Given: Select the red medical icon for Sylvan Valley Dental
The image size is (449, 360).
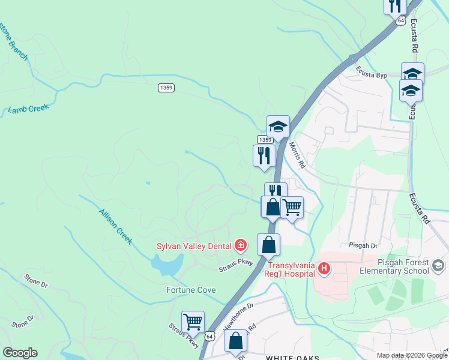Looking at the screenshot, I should click(x=241, y=245).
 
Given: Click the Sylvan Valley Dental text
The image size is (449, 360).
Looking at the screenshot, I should click(x=194, y=245).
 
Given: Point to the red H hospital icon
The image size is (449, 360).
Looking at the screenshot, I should click(x=324, y=268).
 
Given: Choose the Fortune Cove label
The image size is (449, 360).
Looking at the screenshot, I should click(x=191, y=290).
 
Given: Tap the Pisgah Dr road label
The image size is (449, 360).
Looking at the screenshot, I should click(x=364, y=246).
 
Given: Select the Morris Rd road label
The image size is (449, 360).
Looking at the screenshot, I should click(x=297, y=155).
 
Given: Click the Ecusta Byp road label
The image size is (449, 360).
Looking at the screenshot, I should click(x=373, y=75).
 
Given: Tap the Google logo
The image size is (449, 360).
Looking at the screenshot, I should click(x=20, y=353).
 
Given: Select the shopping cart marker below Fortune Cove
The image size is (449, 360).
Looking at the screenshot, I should click(x=193, y=322).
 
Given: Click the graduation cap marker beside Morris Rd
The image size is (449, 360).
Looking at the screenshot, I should click(x=278, y=127).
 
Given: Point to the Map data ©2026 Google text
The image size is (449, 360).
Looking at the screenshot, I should click(x=411, y=355).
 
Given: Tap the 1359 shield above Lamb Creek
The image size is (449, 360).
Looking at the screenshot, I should click(x=166, y=88).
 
